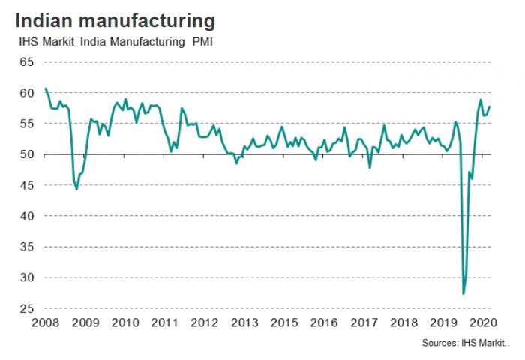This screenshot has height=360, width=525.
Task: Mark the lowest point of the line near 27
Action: click(x=463, y=292)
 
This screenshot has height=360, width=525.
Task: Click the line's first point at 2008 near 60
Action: click(x=46, y=88)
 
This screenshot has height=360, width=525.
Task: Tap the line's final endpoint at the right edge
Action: click(x=490, y=106)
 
